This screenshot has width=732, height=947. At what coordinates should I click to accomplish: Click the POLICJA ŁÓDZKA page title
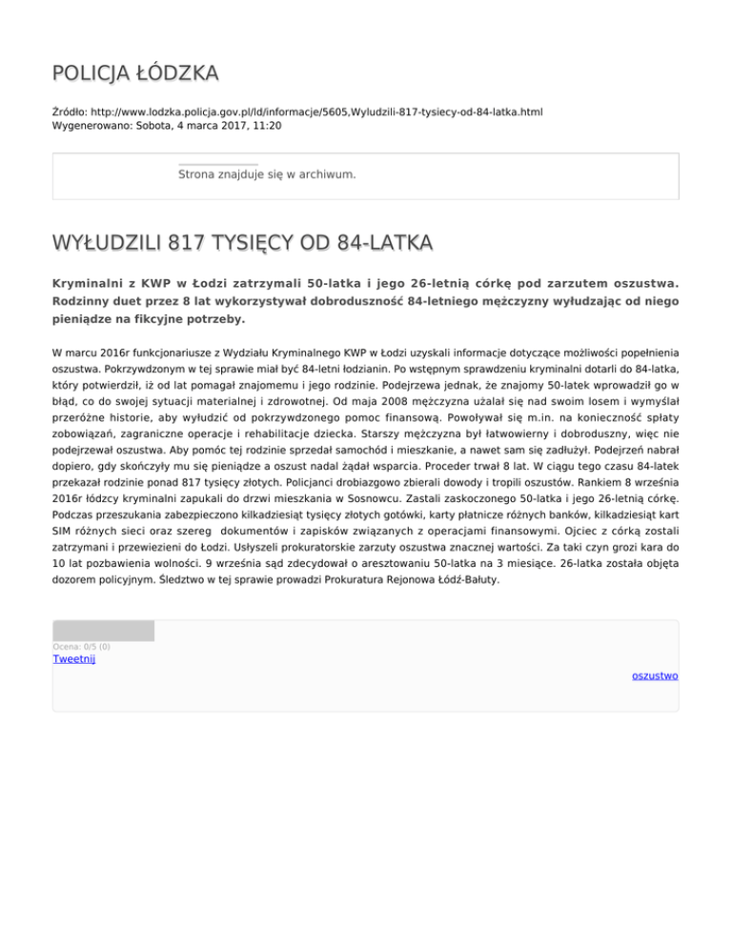(135, 73)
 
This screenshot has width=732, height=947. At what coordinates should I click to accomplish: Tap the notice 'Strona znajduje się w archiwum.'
(267, 174)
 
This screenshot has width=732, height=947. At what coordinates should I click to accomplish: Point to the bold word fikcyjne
(162, 319)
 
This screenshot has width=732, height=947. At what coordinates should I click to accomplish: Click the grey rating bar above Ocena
(104, 630)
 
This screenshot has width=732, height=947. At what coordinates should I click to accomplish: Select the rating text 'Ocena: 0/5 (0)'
(81, 647)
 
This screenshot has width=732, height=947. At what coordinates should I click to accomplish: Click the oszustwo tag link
(654, 675)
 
